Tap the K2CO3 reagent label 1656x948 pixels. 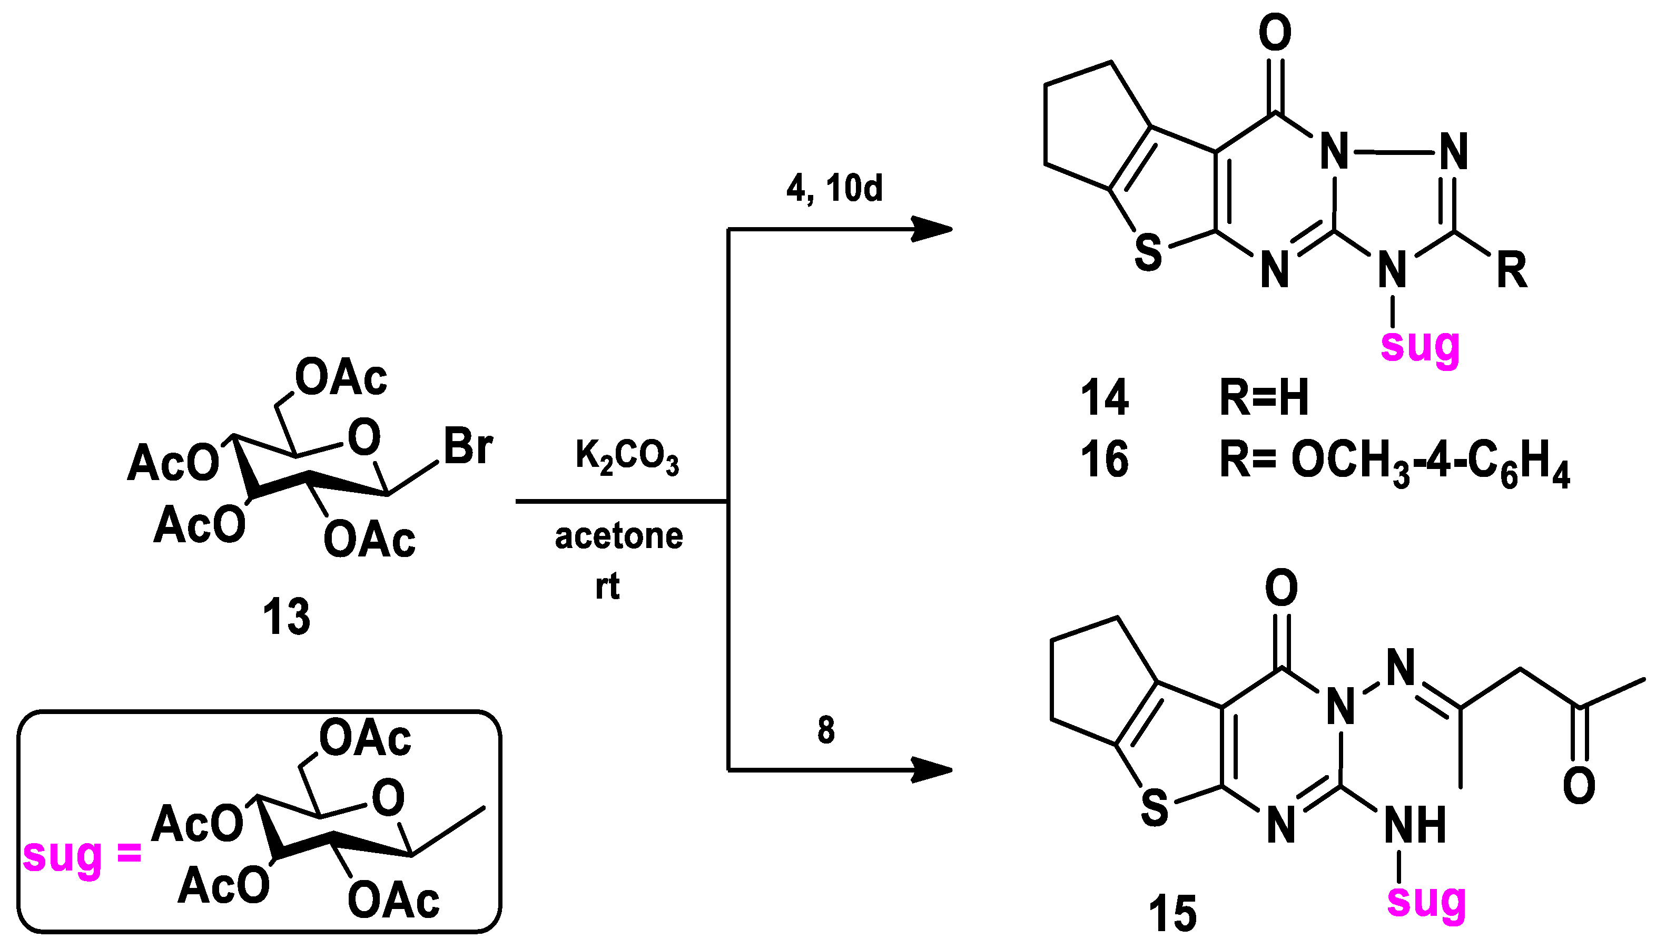(627, 456)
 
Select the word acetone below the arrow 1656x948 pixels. (619, 536)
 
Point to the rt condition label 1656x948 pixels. (607, 586)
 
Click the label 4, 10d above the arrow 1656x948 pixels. (834, 189)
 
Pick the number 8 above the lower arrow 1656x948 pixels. (826, 730)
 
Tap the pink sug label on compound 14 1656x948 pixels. (1420, 346)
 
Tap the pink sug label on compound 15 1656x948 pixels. (1426, 901)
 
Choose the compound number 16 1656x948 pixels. (1104, 459)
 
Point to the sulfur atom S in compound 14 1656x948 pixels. (1148, 253)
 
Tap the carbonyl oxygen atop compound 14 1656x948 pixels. (1275, 32)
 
